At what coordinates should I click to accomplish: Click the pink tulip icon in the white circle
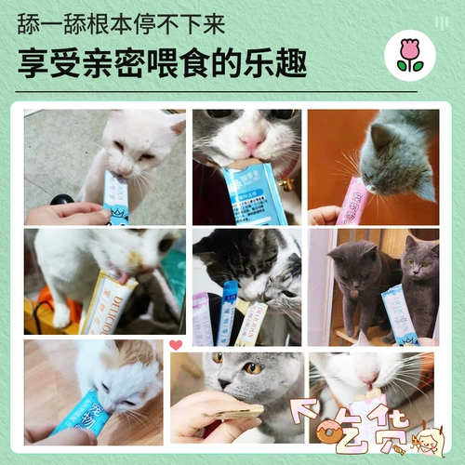click(x=409, y=55)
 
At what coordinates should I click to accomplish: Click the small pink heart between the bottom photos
click(x=176, y=345)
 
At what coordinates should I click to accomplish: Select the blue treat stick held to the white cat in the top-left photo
click(x=117, y=199)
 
